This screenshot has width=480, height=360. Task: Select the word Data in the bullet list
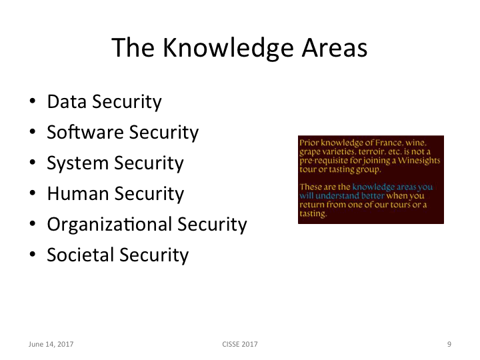67,102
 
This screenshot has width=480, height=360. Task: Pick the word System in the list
79,163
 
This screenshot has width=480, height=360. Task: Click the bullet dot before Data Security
32,103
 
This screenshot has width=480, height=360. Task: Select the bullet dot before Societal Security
32,256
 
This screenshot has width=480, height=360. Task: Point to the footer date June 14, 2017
51,344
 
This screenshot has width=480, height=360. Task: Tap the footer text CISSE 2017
239,344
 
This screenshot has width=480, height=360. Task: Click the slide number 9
449,344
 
